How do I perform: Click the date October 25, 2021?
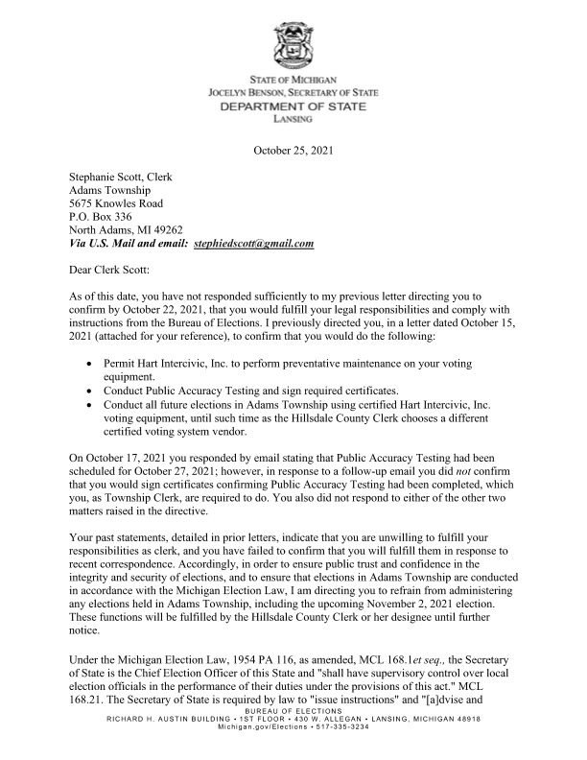(293, 151)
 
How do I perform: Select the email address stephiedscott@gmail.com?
(253, 245)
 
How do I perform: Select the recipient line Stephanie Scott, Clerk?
(120, 178)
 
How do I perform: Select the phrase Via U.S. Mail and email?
(129, 245)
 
